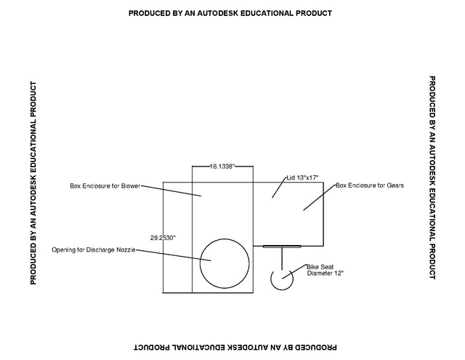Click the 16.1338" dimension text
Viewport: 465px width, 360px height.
click(x=222, y=167)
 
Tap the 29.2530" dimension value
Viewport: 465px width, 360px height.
click(x=163, y=238)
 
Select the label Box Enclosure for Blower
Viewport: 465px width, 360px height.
click(x=105, y=186)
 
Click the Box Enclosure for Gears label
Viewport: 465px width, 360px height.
click(x=370, y=185)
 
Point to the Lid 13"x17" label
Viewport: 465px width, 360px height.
click(x=302, y=177)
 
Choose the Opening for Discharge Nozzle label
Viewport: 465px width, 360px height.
click(x=94, y=250)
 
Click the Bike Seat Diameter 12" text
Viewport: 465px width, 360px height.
click(x=325, y=270)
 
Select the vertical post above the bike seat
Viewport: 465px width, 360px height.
click(x=282, y=258)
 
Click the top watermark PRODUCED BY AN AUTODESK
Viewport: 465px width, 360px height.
click(x=230, y=13)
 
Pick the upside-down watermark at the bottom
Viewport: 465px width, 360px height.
click(x=235, y=347)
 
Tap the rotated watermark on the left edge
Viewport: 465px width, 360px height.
click(x=33, y=183)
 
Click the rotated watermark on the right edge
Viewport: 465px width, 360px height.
click(x=432, y=177)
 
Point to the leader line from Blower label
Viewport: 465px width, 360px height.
click(x=171, y=191)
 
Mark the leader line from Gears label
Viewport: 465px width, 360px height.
click(x=320, y=198)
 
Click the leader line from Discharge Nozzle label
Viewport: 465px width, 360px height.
click(x=173, y=255)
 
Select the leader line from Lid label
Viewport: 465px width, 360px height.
click(x=279, y=188)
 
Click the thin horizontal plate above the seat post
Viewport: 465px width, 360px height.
click(x=282, y=247)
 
